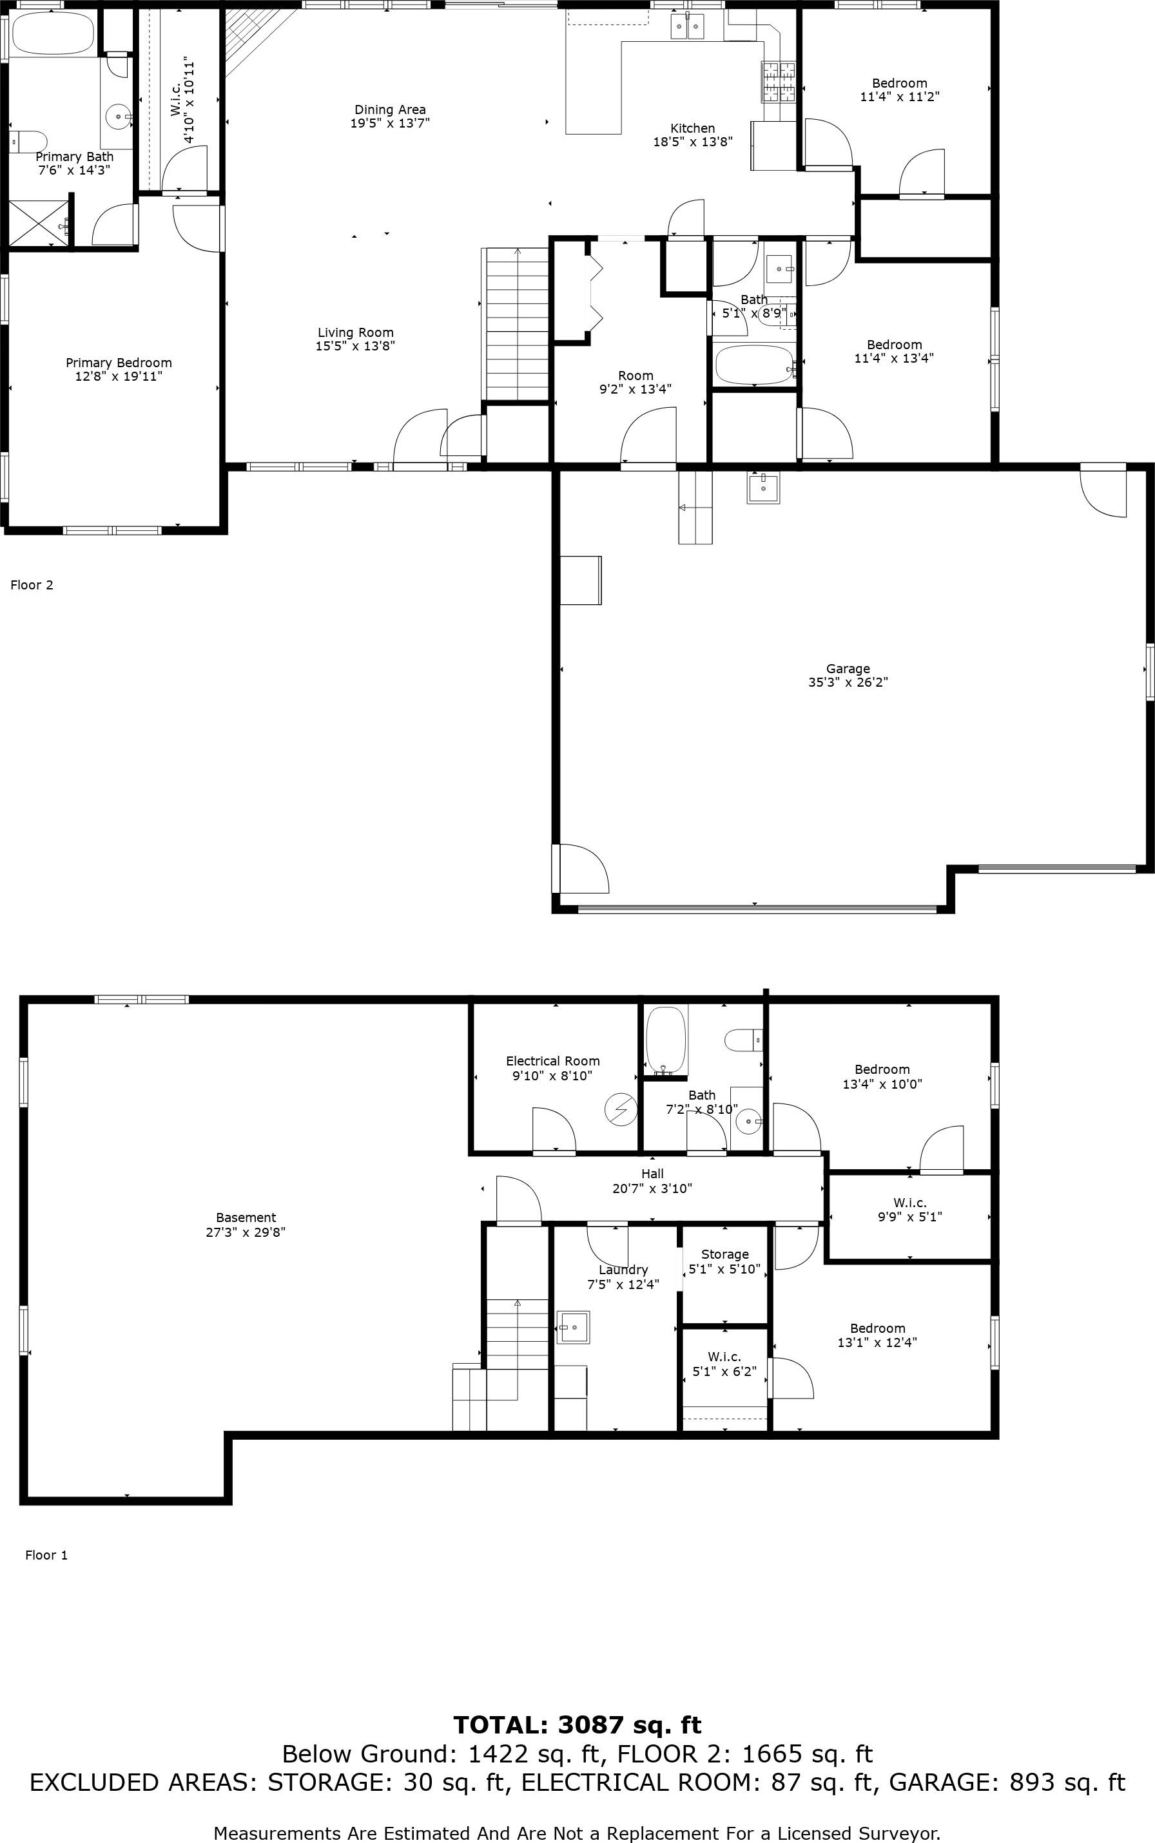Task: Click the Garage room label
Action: click(848, 669)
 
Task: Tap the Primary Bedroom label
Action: click(119, 363)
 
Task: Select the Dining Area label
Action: click(389, 109)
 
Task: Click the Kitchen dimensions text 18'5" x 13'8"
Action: click(693, 141)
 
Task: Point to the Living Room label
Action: click(356, 332)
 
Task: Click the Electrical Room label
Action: click(552, 1061)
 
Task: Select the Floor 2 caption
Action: click(32, 585)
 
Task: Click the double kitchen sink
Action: click(688, 26)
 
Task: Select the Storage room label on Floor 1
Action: click(724, 1254)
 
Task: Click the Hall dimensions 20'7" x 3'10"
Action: click(652, 1189)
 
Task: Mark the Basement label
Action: click(246, 1218)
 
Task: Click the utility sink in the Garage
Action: click(763, 489)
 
